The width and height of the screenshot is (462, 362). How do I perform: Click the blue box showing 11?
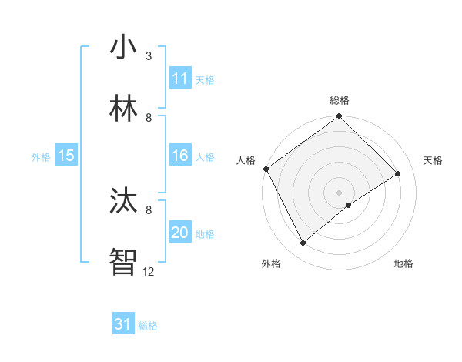coord(180,79)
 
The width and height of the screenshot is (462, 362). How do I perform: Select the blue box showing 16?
coord(180,156)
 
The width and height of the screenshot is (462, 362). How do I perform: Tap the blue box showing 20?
coord(180,233)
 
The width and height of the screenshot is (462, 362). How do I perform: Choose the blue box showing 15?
coord(65,156)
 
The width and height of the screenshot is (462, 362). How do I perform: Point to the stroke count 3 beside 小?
coord(149,56)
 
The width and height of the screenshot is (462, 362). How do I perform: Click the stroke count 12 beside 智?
coord(148,271)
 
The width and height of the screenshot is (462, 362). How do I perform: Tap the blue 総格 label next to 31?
coord(148,326)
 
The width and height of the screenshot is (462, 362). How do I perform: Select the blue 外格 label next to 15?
coord(41,157)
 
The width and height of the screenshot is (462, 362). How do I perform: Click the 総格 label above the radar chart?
coord(339,100)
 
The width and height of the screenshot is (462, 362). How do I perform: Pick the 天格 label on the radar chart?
coord(433,160)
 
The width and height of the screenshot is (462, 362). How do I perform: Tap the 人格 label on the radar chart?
coord(246,160)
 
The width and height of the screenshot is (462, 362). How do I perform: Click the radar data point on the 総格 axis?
coord(339,117)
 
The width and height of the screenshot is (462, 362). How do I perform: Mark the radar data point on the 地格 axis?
coord(349,205)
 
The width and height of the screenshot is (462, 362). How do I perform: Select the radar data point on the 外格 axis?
coord(303,243)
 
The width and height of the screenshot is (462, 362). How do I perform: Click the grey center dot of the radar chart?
coord(339,192)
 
